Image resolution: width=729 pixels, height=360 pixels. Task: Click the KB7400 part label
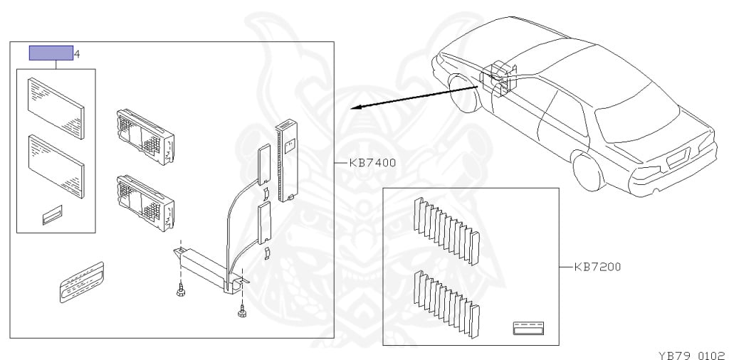coord(372,163)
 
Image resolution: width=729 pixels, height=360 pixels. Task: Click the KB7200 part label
coord(597,268)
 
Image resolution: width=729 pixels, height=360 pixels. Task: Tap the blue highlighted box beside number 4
coord(51,53)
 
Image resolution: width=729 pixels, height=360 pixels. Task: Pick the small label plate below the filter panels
coord(52,216)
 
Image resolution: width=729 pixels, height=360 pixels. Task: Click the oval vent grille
coord(81,282)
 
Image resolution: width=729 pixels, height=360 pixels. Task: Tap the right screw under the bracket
coord(243,309)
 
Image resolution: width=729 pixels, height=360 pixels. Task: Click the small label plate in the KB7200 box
coord(528,328)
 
